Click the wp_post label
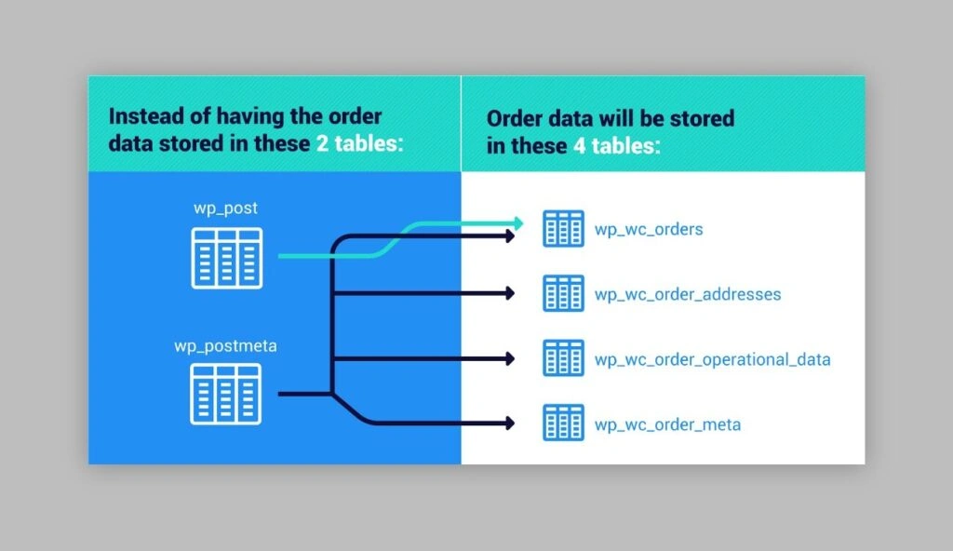pyautogui.click(x=225, y=208)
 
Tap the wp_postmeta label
pyautogui.click(x=225, y=346)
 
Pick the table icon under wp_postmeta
pyautogui.click(x=226, y=393)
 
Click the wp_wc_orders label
pyautogui.click(x=649, y=228)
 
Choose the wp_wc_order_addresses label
pyautogui.click(x=688, y=294)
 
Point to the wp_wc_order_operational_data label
pyautogui.click(x=712, y=359)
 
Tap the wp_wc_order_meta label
pyautogui.click(x=667, y=424)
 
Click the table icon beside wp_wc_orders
pyautogui.click(x=563, y=228)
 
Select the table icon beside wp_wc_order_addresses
pyautogui.click(x=563, y=293)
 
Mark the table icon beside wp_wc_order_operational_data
pyautogui.click(x=563, y=358)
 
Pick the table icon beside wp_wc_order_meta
pyautogui.click(x=563, y=423)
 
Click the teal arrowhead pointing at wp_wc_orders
pyautogui.click(x=517, y=222)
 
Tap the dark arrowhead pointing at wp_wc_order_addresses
pyautogui.click(x=509, y=293)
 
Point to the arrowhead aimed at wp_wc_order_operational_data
pyautogui.click(x=509, y=358)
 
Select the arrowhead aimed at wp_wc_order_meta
pyautogui.click(x=509, y=423)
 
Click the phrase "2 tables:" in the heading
pyautogui.click(x=358, y=144)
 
